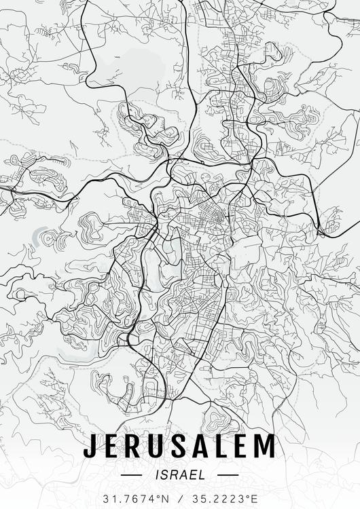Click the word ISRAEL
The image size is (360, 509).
[180, 474]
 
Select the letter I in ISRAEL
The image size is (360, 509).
[158, 474]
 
